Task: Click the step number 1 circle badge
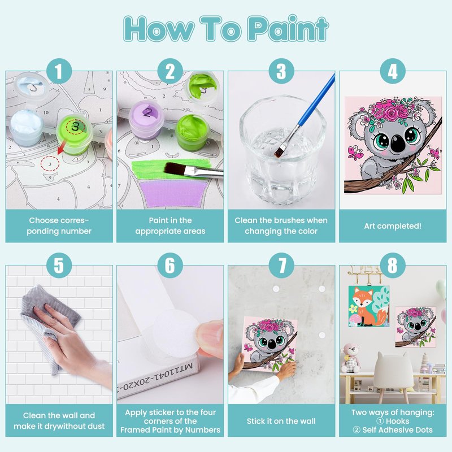59,71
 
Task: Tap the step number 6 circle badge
170,265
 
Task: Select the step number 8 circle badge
392,265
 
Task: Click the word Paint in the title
288,29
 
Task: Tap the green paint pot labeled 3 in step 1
75,134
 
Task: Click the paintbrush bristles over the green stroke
174,168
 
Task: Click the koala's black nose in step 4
398,144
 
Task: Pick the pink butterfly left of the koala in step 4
356,153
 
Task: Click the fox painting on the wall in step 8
369,306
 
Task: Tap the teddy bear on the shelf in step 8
350,358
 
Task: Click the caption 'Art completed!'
392,226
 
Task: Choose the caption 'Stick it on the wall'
281,421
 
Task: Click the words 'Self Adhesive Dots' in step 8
397,430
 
